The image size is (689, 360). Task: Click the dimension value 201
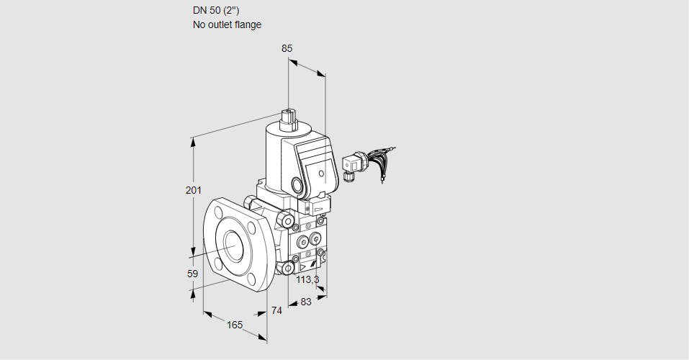coord(193,190)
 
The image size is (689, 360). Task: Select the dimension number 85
coord(287,48)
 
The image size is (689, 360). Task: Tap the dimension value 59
coord(192,274)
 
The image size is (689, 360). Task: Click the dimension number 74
coord(276,310)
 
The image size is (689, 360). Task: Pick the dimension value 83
coord(305,302)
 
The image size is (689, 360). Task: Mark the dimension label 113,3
coord(307,279)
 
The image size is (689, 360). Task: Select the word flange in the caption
coord(247,24)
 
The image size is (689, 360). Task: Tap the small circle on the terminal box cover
coord(322,174)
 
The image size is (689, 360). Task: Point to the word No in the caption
coord(199,24)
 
